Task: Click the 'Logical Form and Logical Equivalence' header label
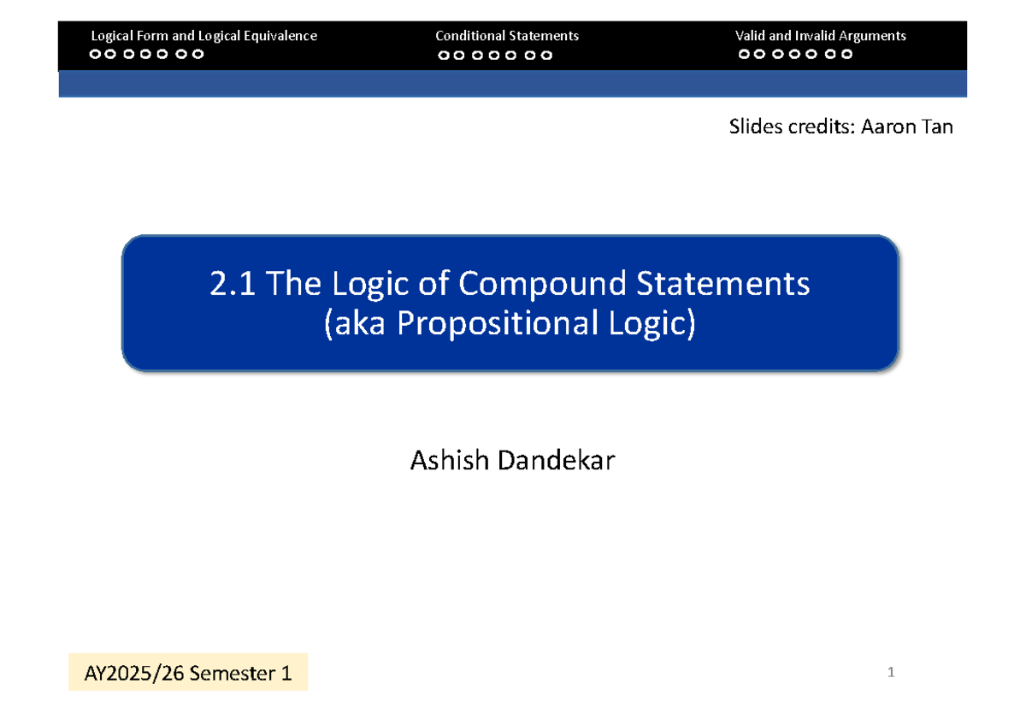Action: [x=203, y=36]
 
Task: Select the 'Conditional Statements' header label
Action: [x=507, y=36]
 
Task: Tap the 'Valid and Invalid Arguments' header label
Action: [x=820, y=36]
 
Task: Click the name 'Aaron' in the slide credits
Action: [x=890, y=127]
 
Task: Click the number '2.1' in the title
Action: [x=233, y=284]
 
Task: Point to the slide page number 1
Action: [x=890, y=673]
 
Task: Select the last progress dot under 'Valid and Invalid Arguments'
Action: [x=846, y=55]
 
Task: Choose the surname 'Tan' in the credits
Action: [x=936, y=127]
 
